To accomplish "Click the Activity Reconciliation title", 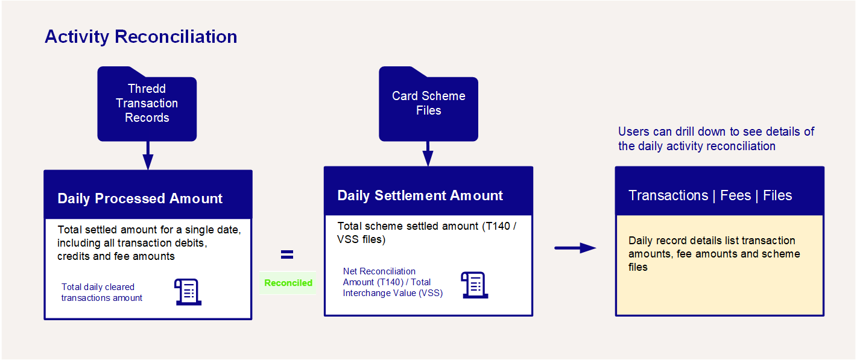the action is (141, 37).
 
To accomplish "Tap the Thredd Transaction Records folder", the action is (147, 104).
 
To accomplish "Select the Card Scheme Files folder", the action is (428, 104).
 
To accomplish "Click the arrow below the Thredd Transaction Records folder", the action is (148, 156).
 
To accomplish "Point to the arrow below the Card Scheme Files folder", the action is (428, 154).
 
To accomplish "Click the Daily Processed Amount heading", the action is (140, 198).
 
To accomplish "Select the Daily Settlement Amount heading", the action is (420, 195).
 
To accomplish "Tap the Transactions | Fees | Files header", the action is (710, 195).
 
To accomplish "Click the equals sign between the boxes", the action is (287, 254).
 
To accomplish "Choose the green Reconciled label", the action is (288, 283).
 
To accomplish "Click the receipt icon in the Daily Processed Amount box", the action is (188, 292).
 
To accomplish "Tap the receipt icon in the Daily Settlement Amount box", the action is (475, 285).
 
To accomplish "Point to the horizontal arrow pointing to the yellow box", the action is (575, 248).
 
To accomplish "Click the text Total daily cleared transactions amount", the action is (102, 292).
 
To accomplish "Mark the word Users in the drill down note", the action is (634, 131).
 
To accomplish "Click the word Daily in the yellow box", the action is (640, 241).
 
